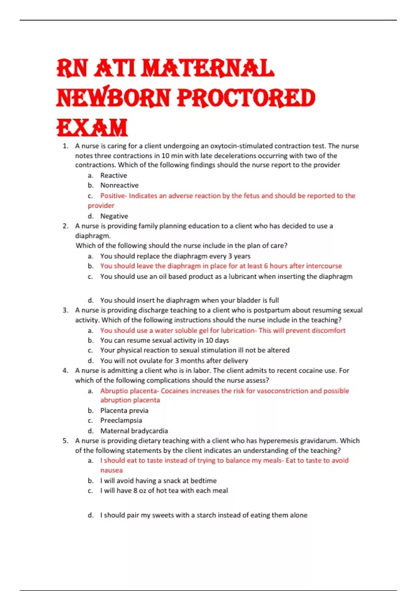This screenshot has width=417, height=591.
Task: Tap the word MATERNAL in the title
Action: tap(207, 68)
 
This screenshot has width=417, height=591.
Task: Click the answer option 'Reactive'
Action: tap(114, 176)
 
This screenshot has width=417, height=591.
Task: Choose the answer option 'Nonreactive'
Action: tap(119, 185)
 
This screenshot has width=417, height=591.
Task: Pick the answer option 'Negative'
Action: tap(114, 216)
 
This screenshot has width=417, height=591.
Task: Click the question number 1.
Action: tap(65, 146)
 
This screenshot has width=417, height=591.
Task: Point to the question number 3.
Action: tap(65, 310)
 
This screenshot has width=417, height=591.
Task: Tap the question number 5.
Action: tap(65, 441)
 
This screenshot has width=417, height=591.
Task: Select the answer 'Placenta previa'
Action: tap(124, 411)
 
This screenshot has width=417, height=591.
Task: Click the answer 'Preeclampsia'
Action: tap(121, 420)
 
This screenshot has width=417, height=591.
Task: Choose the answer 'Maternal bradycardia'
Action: tap(134, 431)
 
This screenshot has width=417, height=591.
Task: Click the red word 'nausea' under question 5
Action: tap(111, 470)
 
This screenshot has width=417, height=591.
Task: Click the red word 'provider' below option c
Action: tap(101, 206)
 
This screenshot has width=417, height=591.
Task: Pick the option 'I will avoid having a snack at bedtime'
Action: tap(158, 481)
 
